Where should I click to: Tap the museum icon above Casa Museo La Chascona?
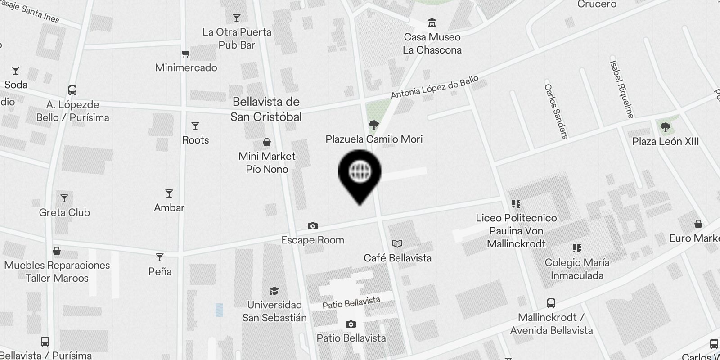point(432,22)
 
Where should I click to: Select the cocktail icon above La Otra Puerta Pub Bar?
point(237,18)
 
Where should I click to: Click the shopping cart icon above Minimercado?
point(185,54)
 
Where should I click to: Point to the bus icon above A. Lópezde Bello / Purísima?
point(72,90)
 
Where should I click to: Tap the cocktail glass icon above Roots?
point(195,126)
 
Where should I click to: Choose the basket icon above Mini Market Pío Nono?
point(267,143)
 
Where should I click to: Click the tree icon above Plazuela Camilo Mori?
point(373,125)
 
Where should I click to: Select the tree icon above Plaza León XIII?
point(665,127)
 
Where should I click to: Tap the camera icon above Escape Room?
point(313,226)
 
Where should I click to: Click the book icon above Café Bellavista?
point(397,244)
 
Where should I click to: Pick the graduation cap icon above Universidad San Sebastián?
point(274,291)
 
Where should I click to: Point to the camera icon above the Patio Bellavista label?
point(351,324)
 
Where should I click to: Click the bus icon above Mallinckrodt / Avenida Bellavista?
point(551,303)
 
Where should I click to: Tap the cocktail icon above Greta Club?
point(64,198)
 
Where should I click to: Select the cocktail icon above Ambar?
point(169,193)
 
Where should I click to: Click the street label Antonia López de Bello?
point(435,87)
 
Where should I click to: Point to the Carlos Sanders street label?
point(556,111)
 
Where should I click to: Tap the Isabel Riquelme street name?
point(622,89)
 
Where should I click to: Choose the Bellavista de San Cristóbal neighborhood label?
point(266,109)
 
